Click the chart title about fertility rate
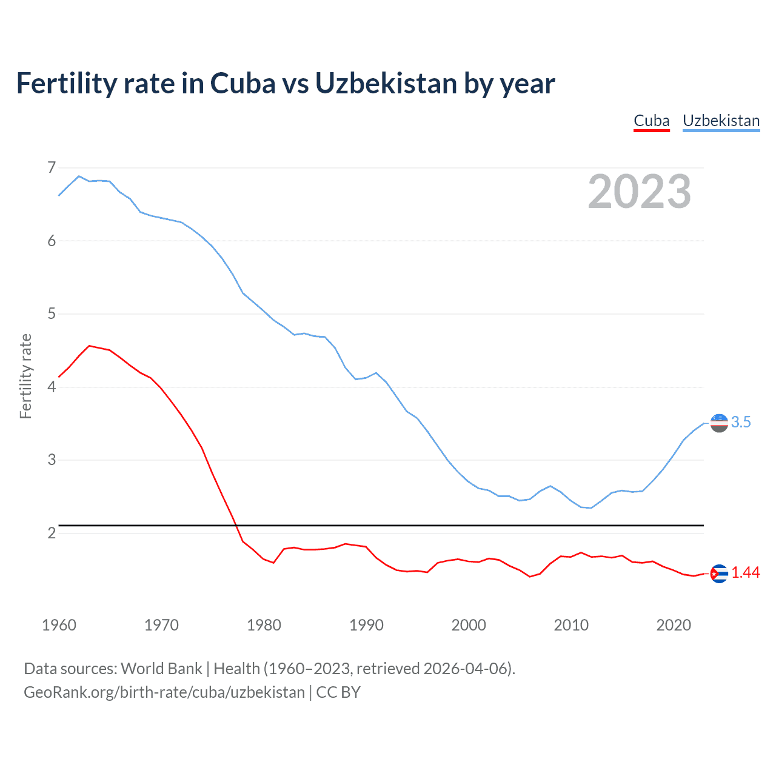(285, 84)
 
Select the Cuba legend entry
(651, 121)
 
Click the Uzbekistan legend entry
(721, 121)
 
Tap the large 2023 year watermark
(639, 192)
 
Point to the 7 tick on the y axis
(52, 167)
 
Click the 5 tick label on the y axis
(52, 314)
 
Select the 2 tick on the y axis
(52, 533)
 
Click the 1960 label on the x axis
(59, 625)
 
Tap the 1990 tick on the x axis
(366, 625)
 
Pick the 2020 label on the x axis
(674, 625)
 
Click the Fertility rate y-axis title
(25, 376)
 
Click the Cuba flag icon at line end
(719, 574)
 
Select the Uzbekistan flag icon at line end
(719, 423)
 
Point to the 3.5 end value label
(741, 423)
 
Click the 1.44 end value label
(745, 573)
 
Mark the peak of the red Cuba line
(89, 346)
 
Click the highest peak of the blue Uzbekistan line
(79, 176)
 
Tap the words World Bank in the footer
(161, 669)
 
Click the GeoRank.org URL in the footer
(164, 692)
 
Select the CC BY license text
(338, 692)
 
